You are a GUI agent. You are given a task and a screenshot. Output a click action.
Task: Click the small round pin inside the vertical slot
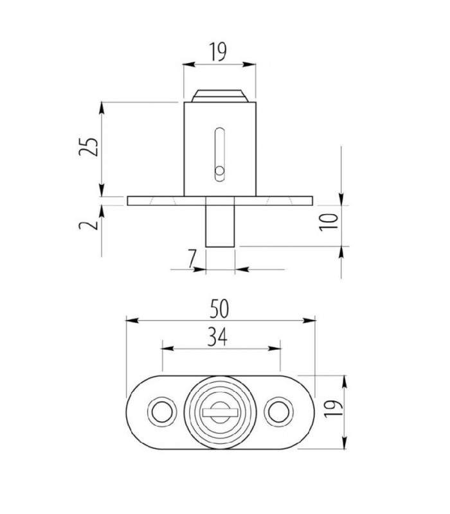[x=219, y=171]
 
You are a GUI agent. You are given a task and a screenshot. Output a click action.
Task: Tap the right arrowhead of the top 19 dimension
[x=252, y=64]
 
